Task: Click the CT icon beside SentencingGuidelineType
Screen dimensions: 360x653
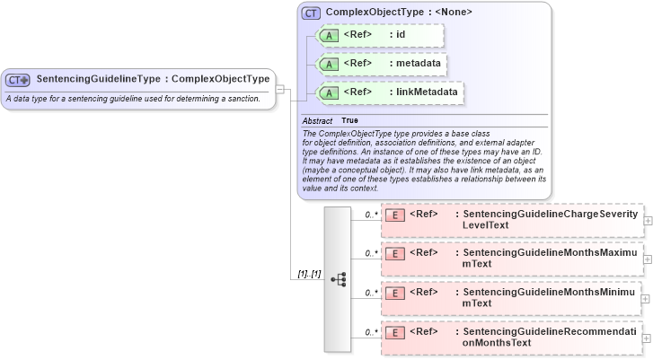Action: pyautogui.click(x=18, y=79)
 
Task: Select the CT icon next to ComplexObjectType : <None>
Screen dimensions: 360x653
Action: pyautogui.click(x=312, y=13)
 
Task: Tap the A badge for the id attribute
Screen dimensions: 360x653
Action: pyautogui.click(x=329, y=35)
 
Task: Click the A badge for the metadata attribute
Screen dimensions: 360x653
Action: pyautogui.click(x=329, y=65)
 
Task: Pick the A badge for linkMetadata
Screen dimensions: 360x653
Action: pyautogui.click(x=329, y=92)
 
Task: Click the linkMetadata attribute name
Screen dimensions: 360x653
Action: pyautogui.click(x=428, y=92)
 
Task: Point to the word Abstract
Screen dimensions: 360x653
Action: pyautogui.click(x=317, y=120)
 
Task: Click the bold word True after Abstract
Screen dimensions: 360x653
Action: pyautogui.click(x=349, y=120)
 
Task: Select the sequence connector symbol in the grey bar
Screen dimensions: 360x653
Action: pyautogui.click(x=339, y=279)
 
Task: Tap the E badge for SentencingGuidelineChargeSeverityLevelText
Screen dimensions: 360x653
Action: pyautogui.click(x=393, y=215)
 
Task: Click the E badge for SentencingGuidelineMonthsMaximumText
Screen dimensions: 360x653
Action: pyautogui.click(x=393, y=254)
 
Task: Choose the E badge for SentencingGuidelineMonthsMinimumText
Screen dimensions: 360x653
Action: pyautogui.click(x=393, y=294)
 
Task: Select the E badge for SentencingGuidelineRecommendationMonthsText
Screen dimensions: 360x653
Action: pyautogui.click(x=393, y=333)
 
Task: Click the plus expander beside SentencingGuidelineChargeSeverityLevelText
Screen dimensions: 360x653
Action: pyautogui.click(x=648, y=220)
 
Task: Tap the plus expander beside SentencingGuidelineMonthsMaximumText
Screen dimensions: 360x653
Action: pyautogui.click(x=648, y=259)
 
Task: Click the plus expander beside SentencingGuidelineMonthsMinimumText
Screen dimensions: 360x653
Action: pyautogui.click(x=648, y=298)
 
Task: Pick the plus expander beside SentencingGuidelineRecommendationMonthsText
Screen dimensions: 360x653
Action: pyautogui.click(x=648, y=338)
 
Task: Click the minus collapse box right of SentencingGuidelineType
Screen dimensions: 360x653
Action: pyautogui.click(x=280, y=89)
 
